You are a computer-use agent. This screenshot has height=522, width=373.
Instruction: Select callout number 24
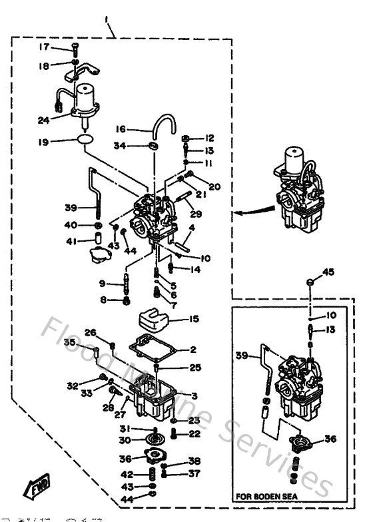click(x=43, y=121)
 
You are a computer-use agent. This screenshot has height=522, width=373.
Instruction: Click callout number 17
click(x=43, y=47)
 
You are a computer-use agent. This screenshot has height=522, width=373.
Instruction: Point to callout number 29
click(x=196, y=213)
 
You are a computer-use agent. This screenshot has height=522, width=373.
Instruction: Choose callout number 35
click(x=69, y=342)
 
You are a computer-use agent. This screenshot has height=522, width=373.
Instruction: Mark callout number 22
click(x=194, y=433)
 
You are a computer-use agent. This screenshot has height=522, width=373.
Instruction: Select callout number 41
click(x=70, y=240)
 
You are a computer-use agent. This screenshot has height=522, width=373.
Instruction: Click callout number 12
click(x=210, y=138)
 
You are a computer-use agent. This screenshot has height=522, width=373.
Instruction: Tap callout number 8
click(x=103, y=300)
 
